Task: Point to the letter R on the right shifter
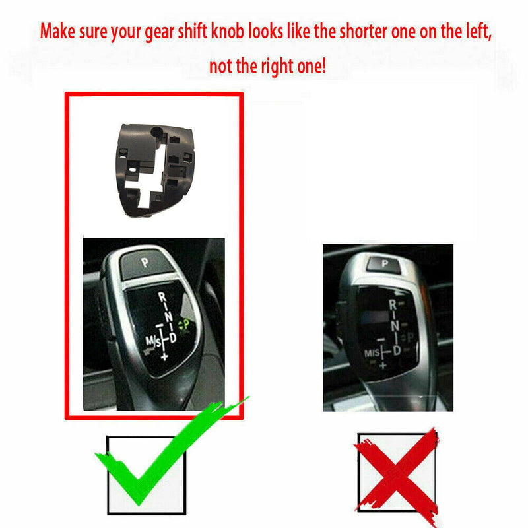point(393,304)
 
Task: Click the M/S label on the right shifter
point(372,354)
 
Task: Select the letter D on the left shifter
point(174,339)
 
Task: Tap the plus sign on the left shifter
point(163,356)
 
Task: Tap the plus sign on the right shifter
point(382,365)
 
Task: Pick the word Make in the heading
point(59,32)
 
